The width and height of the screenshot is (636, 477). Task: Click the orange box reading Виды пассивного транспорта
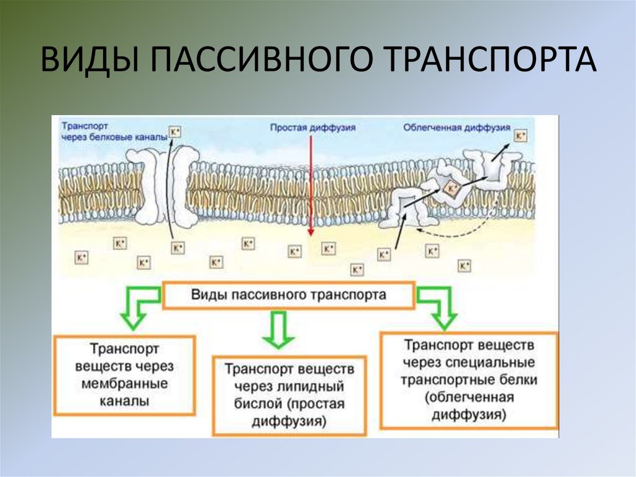(288, 294)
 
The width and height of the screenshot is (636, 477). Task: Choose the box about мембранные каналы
(124, 375)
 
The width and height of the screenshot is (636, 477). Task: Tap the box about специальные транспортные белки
(469, 379)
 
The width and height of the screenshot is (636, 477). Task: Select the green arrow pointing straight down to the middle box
(277, 330)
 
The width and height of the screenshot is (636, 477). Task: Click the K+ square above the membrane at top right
(520, 136)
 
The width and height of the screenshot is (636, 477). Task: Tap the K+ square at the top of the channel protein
(175, 132)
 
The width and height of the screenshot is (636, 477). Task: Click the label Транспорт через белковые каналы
(114, 131)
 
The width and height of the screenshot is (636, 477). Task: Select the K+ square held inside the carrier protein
(455, 188)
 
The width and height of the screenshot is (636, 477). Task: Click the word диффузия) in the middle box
(289, 422)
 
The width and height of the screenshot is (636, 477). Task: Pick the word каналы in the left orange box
(124, 401)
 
